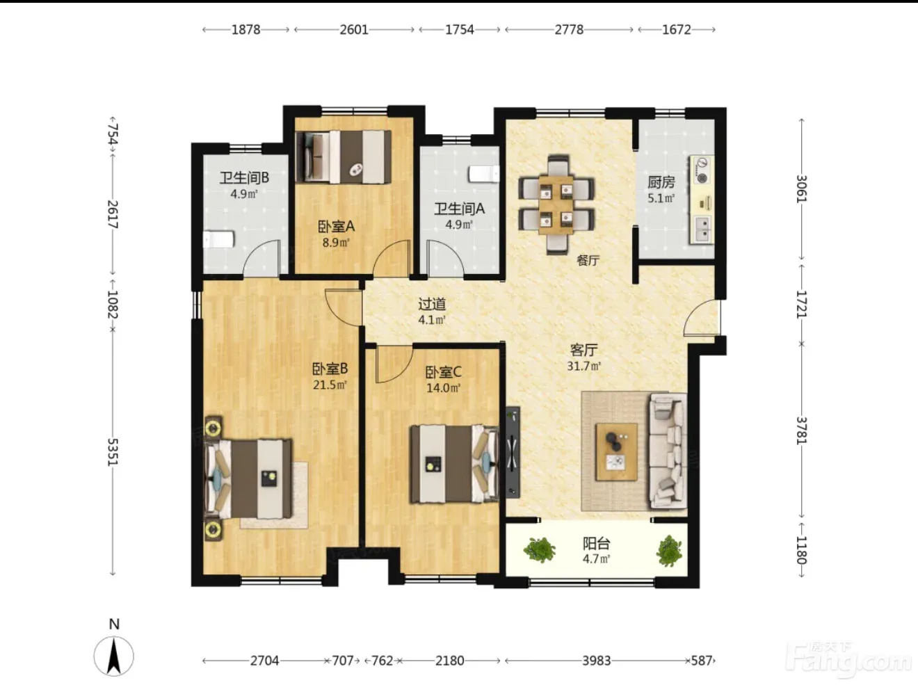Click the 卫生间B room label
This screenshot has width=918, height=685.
pos(244,178)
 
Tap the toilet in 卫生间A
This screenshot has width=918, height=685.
pos(484,175)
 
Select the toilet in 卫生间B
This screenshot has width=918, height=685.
pos(218,240)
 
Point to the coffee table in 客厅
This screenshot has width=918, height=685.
pos(617,451)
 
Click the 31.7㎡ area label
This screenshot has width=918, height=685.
pos(583,366)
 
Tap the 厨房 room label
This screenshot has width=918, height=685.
pos(661,182)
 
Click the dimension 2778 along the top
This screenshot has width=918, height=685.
pos(569,30)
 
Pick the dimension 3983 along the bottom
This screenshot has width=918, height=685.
pos(597,661)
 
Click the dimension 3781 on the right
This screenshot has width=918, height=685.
pos(801,430)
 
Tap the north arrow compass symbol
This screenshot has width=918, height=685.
pos(114,656)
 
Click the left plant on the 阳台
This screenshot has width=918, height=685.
pos(540,549)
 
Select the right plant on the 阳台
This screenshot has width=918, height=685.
pos(669,551)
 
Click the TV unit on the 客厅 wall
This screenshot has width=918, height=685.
pos(513,452)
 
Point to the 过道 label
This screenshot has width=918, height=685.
pos(432,304)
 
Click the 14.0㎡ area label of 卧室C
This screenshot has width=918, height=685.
pos(443,388)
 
